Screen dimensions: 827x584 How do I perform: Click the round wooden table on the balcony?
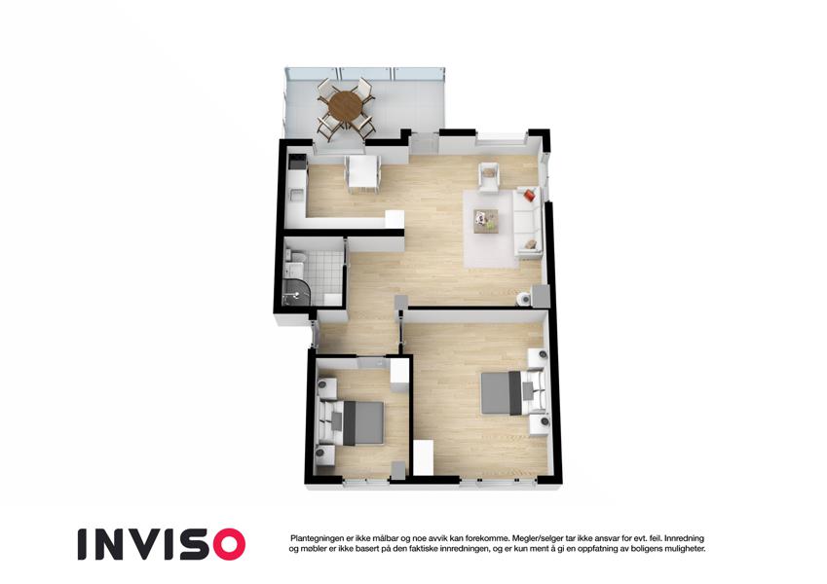[x=346, y=106]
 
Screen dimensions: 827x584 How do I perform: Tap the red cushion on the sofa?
[x=530, y=195]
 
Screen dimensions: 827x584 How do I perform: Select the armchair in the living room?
[x=489, y=177]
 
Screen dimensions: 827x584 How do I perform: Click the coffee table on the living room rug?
[x=486, y=220]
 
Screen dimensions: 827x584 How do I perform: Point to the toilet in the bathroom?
[x=298, y=258]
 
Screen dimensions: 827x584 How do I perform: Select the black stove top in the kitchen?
[x=296, y=162]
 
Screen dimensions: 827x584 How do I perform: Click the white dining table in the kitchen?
[x=363, y=171]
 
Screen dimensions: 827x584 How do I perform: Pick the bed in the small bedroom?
[x=352, y=422]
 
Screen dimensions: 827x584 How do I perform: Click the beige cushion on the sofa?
[x=531, y=244]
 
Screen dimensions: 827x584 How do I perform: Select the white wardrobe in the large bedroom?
[x=423, y=458]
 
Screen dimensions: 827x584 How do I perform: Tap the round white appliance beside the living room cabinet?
[x=523, y=299]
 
